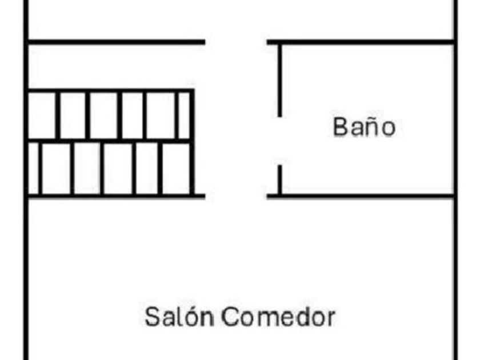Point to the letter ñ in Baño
pyautogui.click(x=371, y=126)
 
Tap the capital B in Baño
pyautogui.click(x=339, y=127)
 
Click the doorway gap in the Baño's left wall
pyautogui.click(x=279, y=141)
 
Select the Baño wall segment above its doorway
pyautogui.click(x=279, y=80)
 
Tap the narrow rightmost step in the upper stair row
pyautogui.click(x=184, y=114)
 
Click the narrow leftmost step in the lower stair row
pyautogui.click(x=34, y=168)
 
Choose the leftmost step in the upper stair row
pyautogui.click(x=42, y=114)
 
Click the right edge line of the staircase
pyautogui.click(x=193, y=143)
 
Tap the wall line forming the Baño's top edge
pyautogui.click(x=366, y=42)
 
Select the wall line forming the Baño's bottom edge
pyautogui.click(x=366, y=197)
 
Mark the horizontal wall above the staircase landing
pyautogui.click(x=114, y=42)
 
